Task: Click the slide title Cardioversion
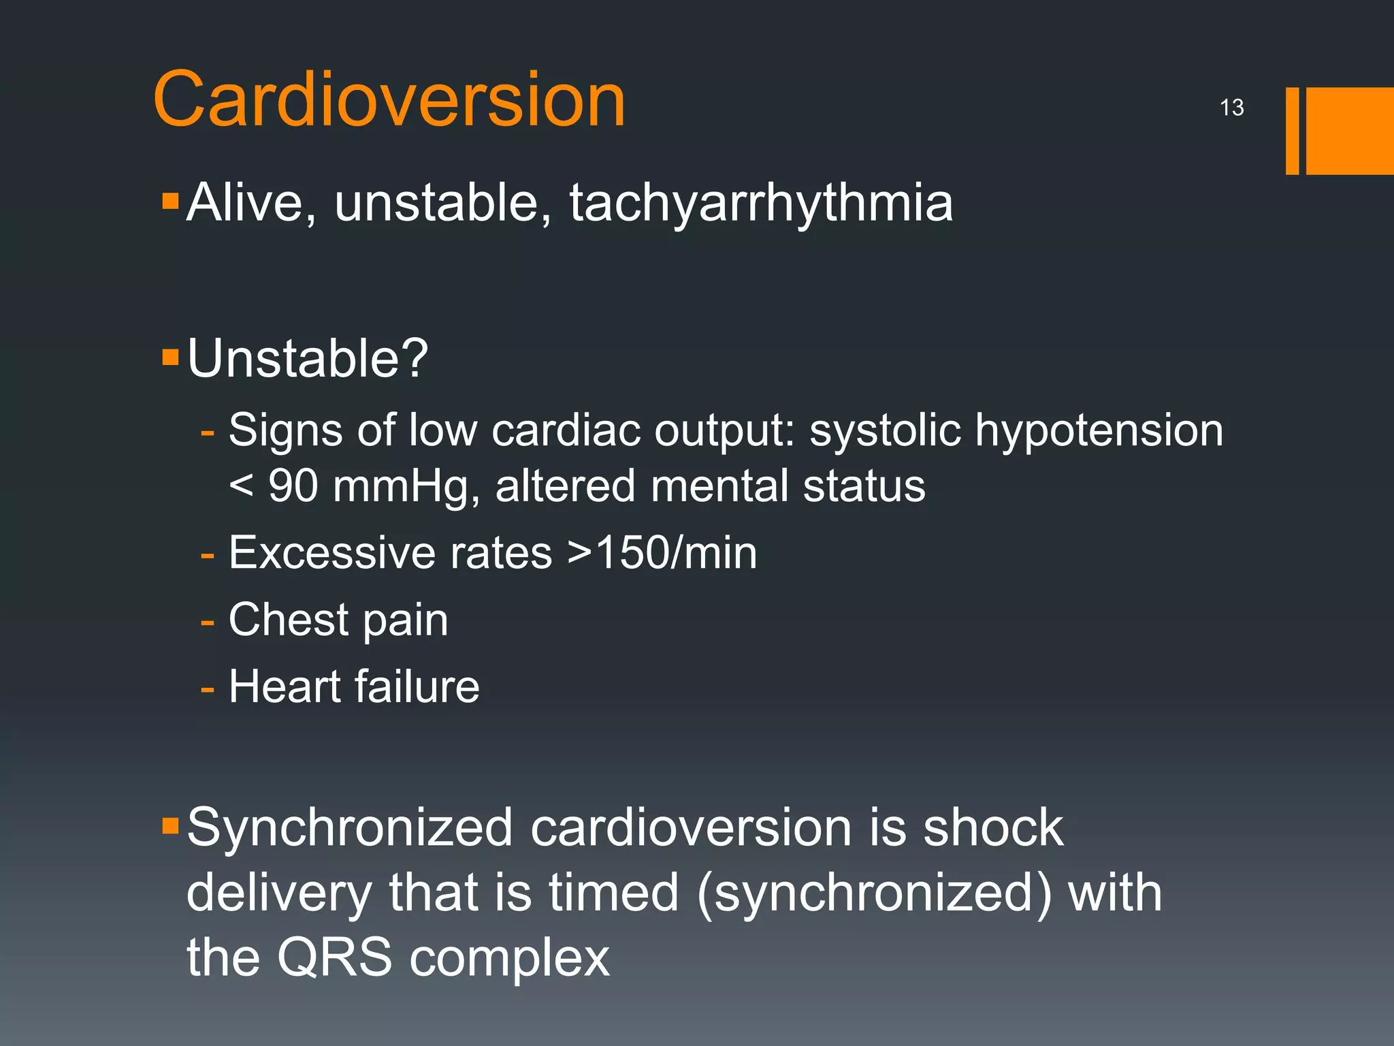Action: pyautogui.click(x=389, y=100)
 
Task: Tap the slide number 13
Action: pyautogui.click(x=1231, y=108)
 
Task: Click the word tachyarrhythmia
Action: pyautogui.click(x=761, y=203)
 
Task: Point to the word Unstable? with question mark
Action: pyautogui.click(x=308, y=358)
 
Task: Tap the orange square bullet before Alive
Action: pyautogui.click(x=170, y=201)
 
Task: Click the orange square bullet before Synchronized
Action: pyautogui.click(x=170, y=827)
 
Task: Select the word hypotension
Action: pyautogui.click(x=1099, y=431)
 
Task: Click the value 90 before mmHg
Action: pyautogui.click(x=293, y=486)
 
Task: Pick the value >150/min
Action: pyautogui.click(x=662, y=552)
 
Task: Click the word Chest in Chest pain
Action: pyautogui.click(x=289, y=620)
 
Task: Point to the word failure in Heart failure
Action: pyautogui.click(x=417, y=686)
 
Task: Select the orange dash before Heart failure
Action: pyautogui.click(x=208, y=689)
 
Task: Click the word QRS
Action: pyautogui.click(x=335, y=957)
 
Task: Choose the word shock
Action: pyautogui.click(x=992, y=828)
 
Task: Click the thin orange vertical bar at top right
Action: pyautogui.click(x=1292, y=131)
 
